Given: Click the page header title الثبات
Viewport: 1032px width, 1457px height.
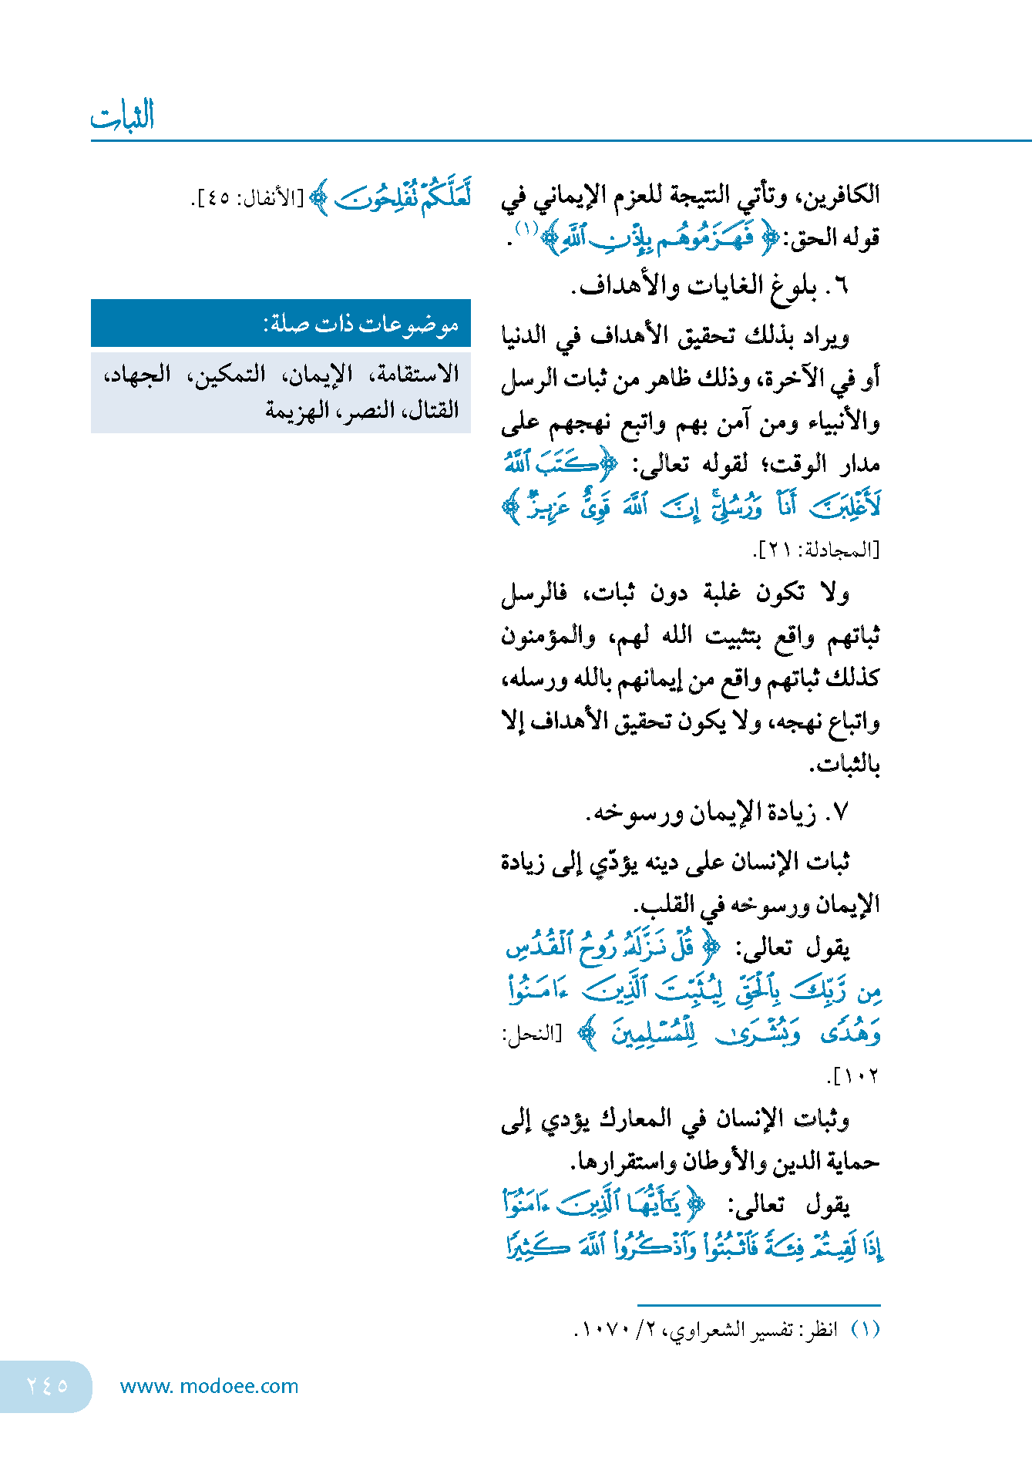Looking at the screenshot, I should coord(123,116).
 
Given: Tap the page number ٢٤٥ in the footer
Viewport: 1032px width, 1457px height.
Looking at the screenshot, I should coord(47,1385).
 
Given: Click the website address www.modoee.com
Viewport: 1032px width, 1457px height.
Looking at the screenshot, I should coord(209,1386).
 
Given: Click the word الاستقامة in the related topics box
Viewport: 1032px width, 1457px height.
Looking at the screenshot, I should coord(415,375).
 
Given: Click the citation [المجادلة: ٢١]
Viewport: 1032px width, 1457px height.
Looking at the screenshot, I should coord(816,550).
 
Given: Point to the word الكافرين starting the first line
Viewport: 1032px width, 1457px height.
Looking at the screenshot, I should coord(839,194).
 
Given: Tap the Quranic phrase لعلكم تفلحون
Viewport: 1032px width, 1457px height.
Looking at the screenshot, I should coord(403,197).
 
